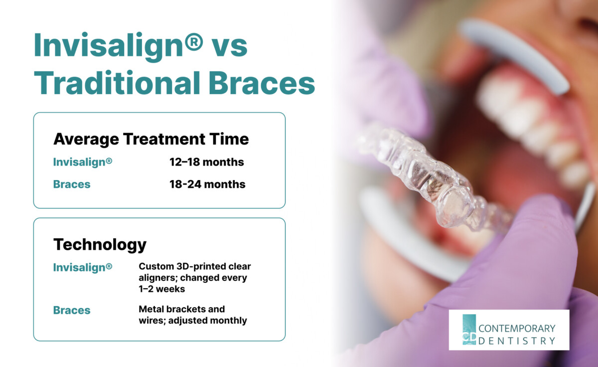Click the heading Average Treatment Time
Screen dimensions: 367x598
pos(150,139)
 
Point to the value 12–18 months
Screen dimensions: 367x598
pos(207,162)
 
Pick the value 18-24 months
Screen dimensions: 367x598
pos(207,184)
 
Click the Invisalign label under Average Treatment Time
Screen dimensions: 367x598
pos(83,162)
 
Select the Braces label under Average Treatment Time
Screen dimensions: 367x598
pos(72,184)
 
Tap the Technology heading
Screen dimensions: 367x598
pos(100,244)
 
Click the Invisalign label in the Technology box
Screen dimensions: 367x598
pos(83,267)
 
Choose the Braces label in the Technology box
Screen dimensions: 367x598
pos(72,310)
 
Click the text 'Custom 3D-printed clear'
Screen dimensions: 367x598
pos(194,267)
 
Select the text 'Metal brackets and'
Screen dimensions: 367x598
pos(181,309)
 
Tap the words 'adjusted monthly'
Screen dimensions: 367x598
pos(207,321)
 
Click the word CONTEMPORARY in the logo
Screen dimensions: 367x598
pos(517,328)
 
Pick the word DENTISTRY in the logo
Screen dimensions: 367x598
pos(517,341)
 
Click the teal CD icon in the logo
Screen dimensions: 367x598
pos(469,330)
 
